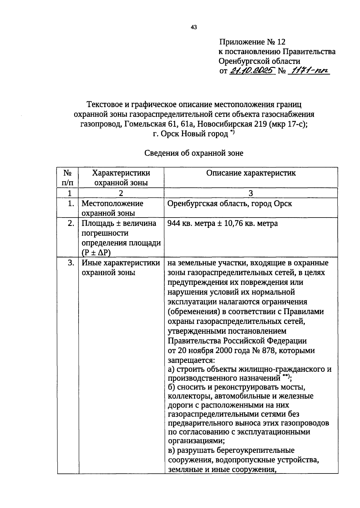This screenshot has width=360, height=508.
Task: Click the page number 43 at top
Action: (x=193, y=28)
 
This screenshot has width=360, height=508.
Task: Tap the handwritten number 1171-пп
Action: (x=308, y=71)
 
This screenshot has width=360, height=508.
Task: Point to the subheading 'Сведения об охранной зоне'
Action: (x=194, y=153)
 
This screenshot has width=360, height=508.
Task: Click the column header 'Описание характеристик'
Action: (x=251, y=173)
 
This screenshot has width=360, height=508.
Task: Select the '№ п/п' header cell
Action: (x=67, y=177)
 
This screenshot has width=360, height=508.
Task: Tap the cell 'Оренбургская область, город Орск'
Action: (x=229, y=204)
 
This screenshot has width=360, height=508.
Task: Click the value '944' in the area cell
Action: (x=174, y=224)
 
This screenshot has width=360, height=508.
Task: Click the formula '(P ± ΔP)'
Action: (x=96, y=253)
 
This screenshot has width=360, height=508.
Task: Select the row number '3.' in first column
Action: (x=71, y=263)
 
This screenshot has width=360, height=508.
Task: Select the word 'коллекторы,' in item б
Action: (x=190, y=396)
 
